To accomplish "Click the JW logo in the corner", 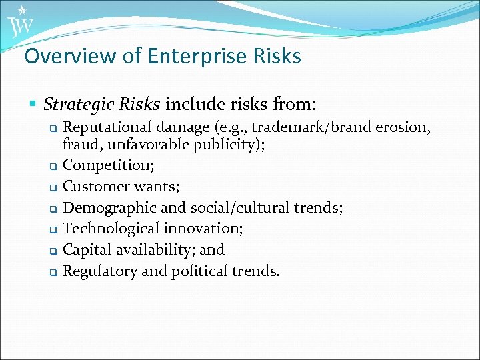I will pos(20,24).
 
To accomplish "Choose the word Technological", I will pos(109,229).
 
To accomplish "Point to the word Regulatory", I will pos(99,271).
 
